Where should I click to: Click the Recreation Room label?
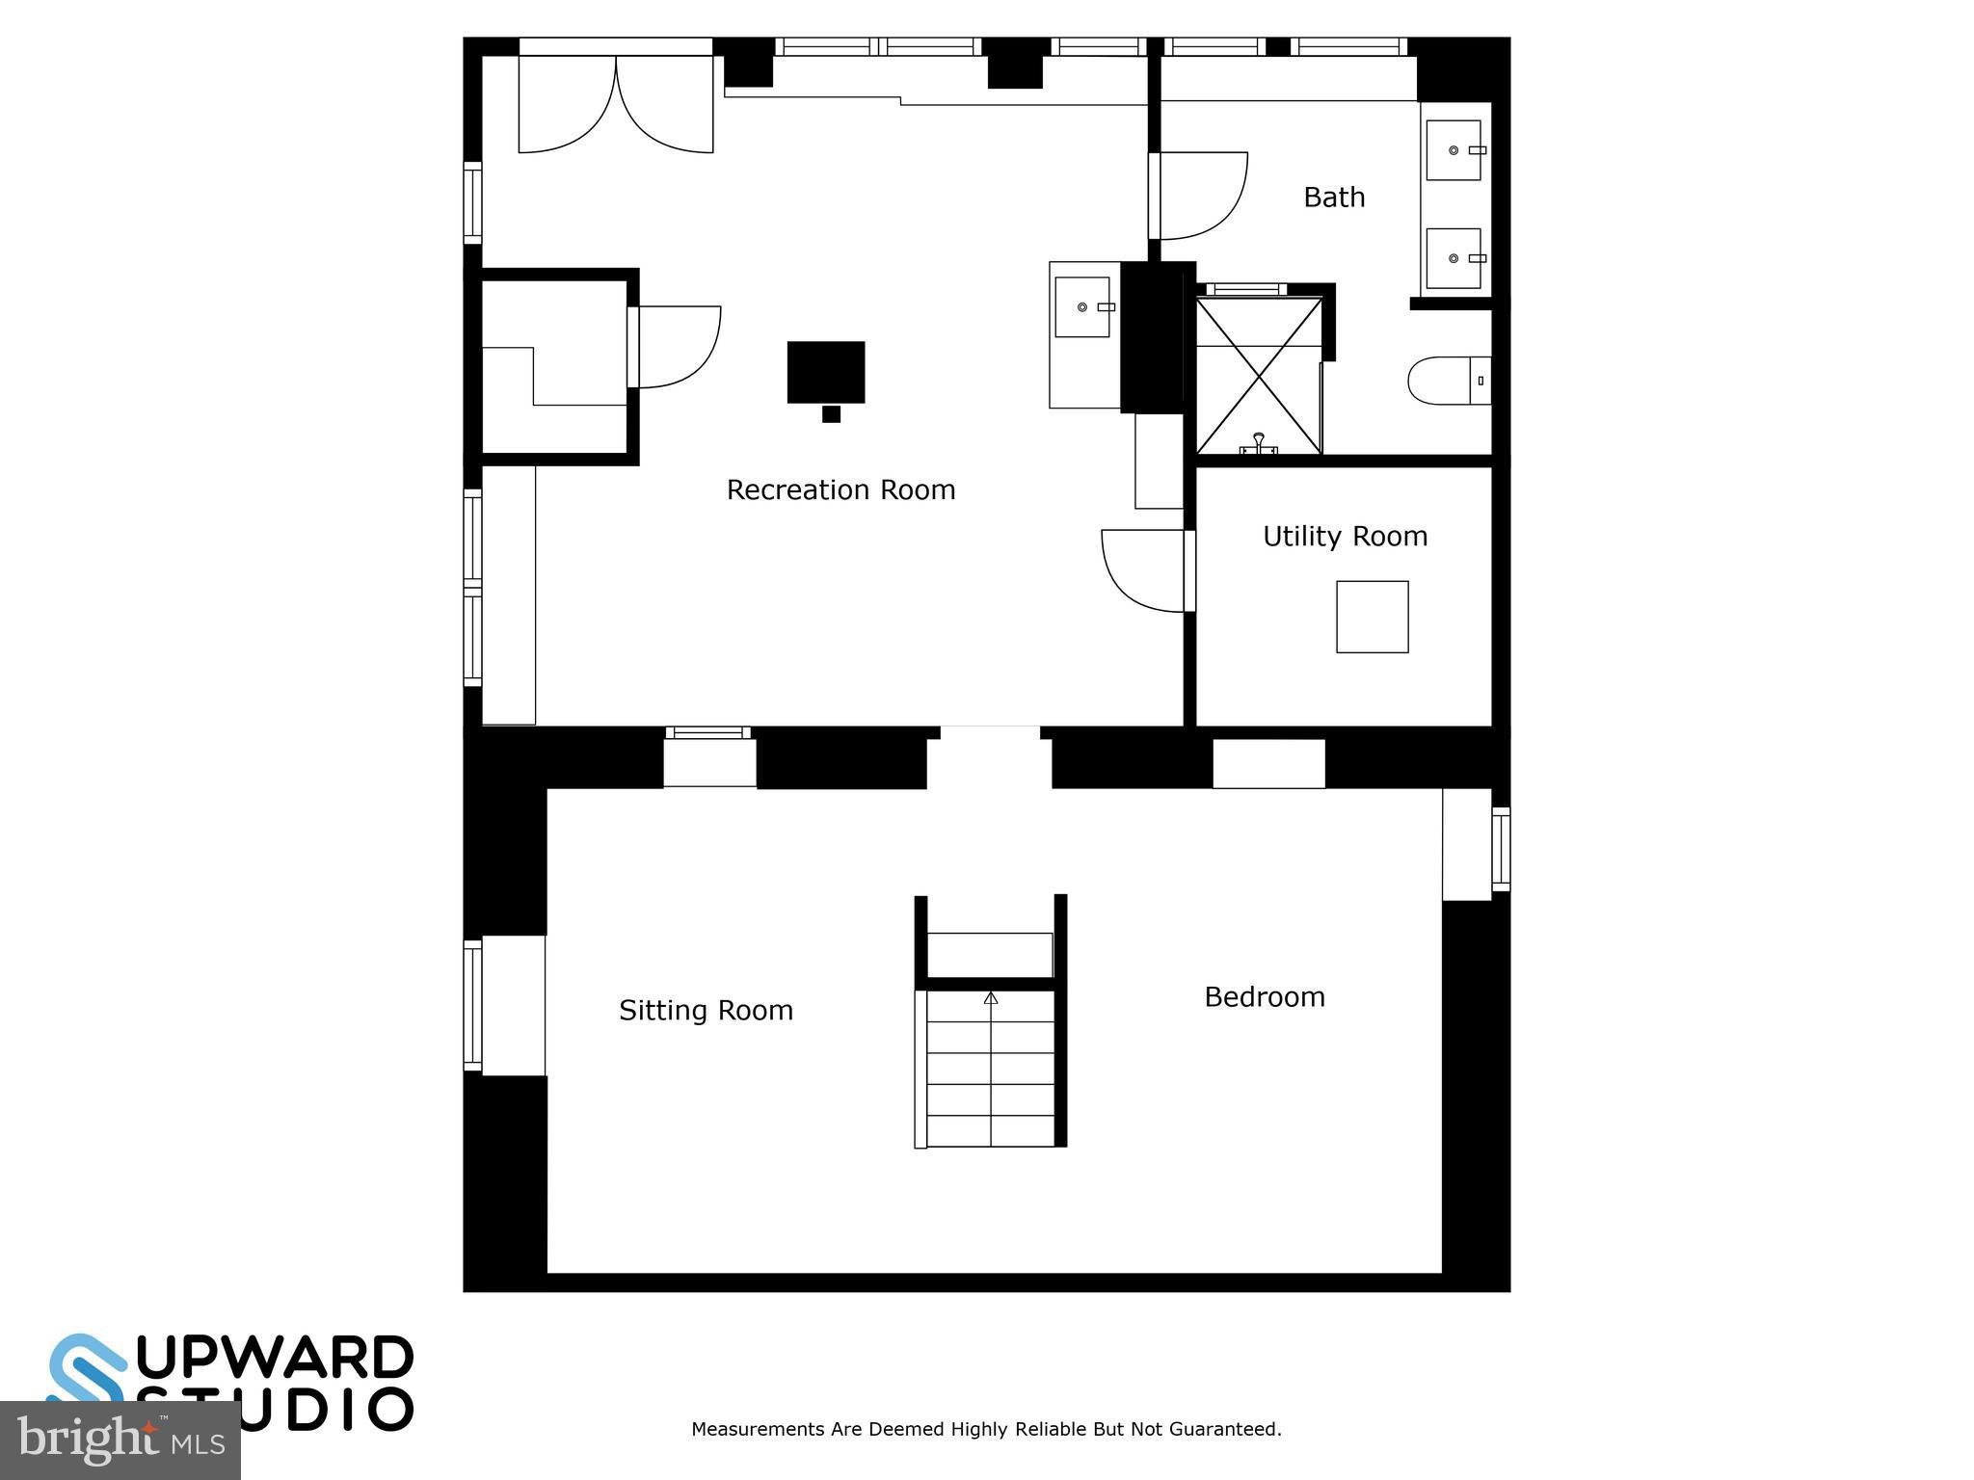[840, 490]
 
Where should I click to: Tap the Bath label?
[1334, 198]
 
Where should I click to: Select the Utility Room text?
[1345, 537]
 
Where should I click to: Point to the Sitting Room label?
[706, 1011]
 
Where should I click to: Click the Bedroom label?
[1265, 997]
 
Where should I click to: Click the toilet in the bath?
[1446, 381]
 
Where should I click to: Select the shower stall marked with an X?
[1259, 376]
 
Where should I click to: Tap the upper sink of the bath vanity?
[1453, 150]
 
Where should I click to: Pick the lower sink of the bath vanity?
[1453, 258]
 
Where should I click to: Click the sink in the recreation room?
[1081, 307]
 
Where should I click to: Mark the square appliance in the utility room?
[1372, 617]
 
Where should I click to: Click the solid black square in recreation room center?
[826, 372]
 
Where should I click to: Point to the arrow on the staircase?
[991, 999]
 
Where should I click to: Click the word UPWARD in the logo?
[275, 1359]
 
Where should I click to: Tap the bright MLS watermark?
[120, 1440]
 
